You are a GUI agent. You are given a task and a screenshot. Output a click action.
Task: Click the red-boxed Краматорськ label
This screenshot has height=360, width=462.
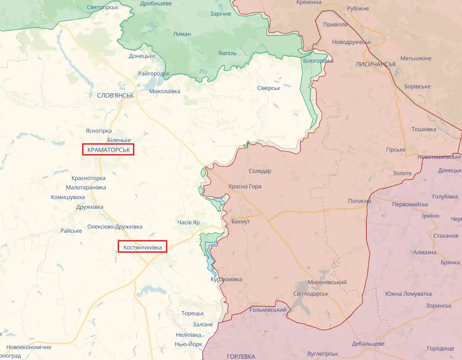108,150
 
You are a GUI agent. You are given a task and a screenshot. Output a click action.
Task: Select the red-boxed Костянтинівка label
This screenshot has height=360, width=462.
143,247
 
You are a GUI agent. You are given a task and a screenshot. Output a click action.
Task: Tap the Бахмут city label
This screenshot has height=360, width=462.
241,221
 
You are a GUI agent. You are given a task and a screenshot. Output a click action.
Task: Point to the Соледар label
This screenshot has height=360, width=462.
260,171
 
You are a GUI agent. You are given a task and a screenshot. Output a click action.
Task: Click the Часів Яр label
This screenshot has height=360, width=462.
189,222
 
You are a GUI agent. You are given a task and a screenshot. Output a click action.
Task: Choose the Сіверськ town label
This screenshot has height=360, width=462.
268,88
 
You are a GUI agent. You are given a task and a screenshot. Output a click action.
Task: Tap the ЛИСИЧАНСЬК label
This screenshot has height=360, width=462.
376,64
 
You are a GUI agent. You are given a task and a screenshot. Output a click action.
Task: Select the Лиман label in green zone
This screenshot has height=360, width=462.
182,34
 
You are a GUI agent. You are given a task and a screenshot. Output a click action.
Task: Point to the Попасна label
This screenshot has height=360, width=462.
359,201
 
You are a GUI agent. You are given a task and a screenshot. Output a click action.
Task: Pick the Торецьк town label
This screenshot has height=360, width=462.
193,313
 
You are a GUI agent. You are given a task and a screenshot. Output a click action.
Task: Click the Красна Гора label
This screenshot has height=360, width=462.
245,186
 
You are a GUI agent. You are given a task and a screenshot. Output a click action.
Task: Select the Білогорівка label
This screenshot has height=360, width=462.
318,61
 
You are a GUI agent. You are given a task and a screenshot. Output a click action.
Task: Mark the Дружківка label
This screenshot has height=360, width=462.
90,207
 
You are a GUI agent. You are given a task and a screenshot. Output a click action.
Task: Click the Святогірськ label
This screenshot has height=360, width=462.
103,7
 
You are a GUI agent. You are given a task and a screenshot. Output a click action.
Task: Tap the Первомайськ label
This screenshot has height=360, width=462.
410,204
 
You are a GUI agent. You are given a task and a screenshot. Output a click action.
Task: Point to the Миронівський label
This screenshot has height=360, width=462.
327,282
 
